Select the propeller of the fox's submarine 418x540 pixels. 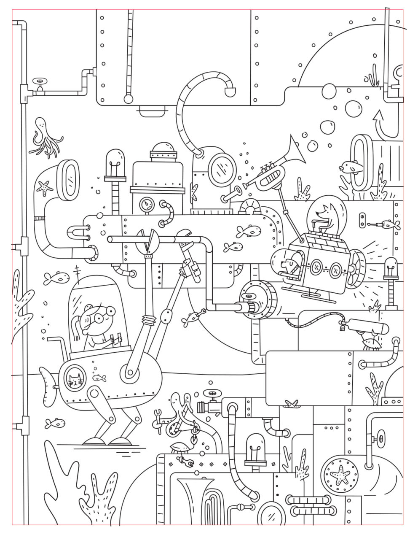pos(356,266)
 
